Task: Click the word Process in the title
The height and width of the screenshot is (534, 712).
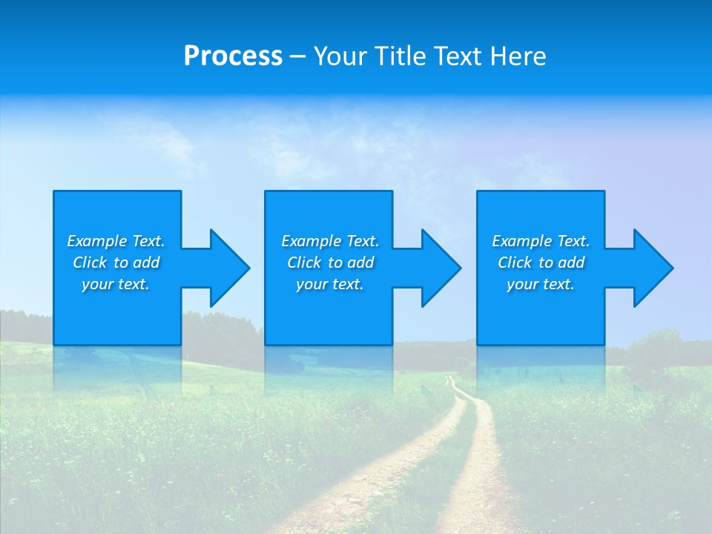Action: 233,56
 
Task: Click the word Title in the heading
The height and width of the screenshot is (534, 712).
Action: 400,56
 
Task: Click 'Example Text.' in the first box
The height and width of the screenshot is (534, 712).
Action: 116,241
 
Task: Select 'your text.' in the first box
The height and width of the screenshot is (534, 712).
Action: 116,284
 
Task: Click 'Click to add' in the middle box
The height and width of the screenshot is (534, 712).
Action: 330,263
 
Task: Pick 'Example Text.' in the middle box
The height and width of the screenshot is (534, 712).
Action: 330,241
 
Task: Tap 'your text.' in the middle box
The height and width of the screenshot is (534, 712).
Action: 330,284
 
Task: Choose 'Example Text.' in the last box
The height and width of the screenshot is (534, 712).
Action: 541,241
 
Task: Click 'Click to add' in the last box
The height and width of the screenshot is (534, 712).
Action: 541,263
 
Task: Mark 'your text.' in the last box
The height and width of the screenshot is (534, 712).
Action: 541,284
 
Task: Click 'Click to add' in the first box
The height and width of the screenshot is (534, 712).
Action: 116,263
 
